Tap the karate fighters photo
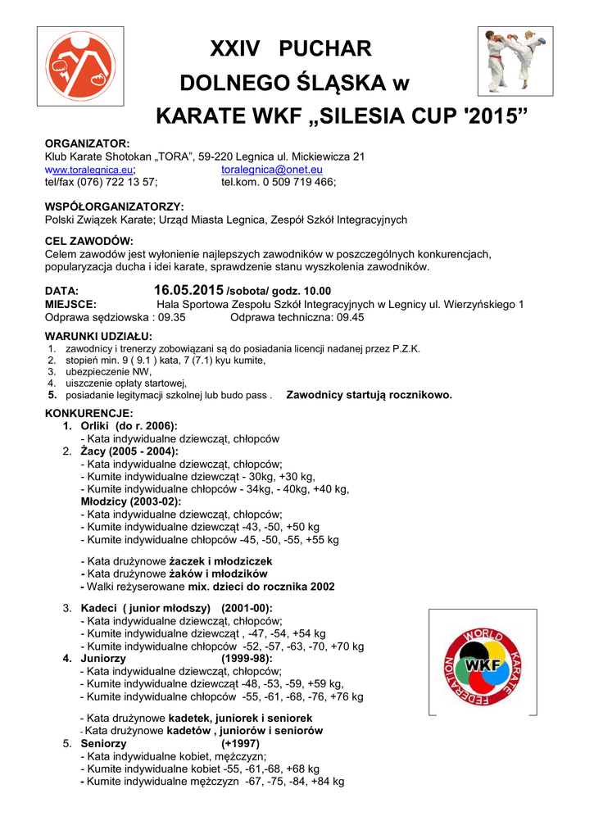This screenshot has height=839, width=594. pyautogui.click(x=513, y=61)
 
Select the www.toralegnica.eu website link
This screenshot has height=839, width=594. pyautogui.click(x=89, y=170)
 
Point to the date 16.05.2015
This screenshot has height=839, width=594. pyautogui.click(x=188, y=290)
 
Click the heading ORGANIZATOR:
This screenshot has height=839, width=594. pyautogui.click(x=87, y=143)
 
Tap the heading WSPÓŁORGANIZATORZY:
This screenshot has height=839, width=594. pyautogui.click(x=114, y=206)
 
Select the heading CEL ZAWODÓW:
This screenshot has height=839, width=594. pyautogui.click(x=88, y=241)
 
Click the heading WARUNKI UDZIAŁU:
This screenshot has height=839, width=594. pyautogui.click(x=98, y=336)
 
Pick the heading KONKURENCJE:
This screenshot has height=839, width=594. pyautogui.click(x=88, y=413)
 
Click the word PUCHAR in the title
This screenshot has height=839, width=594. pyautogui.click(x=325, y=49)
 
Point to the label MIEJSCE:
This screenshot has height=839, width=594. pyautogui.click(x=70, y=304)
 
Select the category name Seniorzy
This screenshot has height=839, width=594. pyautogui.click(x=105, y=744)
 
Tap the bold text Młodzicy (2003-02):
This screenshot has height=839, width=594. pyautogui.click(x=131, y=501)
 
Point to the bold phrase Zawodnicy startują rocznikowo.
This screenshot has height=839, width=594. pyautogui.click(x=369, y=395)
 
